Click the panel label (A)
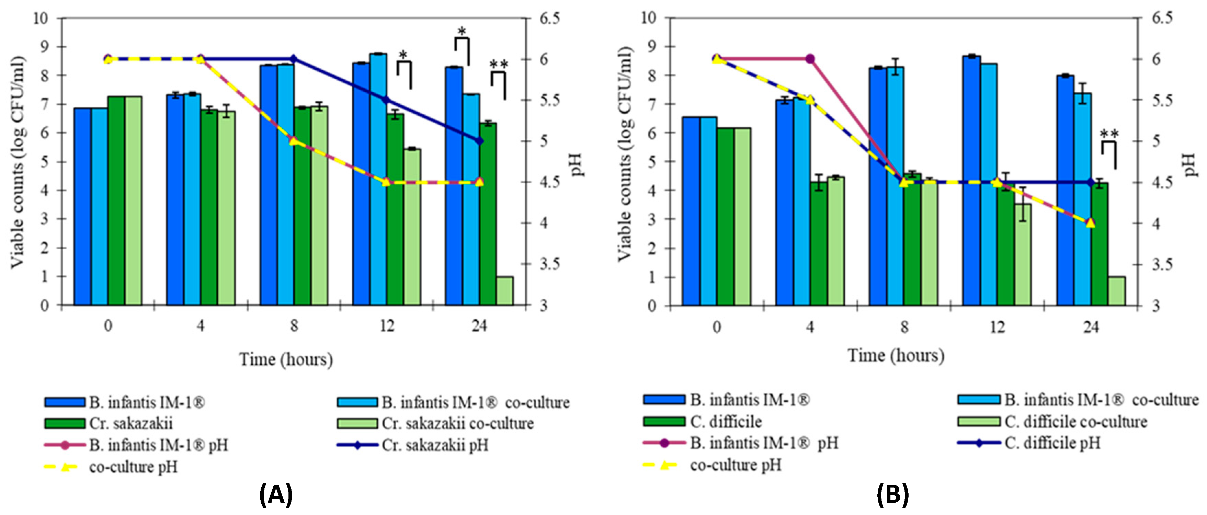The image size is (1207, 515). pos(276,494)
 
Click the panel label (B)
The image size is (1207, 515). pos(892,494)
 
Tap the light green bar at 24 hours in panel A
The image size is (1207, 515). pos(505,291)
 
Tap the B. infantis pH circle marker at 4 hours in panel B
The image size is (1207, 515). pos(810,59)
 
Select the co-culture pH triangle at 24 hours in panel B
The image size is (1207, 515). pos(1090,223)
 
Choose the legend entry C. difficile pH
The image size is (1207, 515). pos(1052,443)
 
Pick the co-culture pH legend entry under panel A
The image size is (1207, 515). pos(133,467)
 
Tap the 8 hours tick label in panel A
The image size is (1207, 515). pos(294,326)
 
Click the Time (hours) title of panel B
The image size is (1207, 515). pos(896,355)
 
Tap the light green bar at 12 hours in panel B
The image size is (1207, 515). pos(1023,254)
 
